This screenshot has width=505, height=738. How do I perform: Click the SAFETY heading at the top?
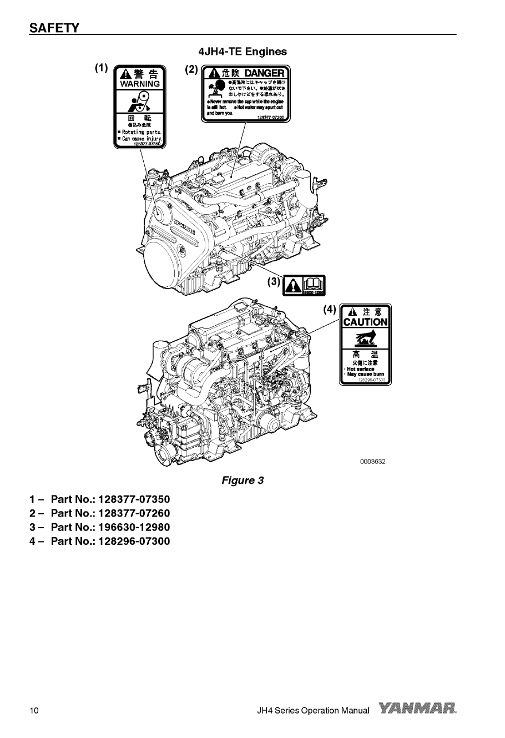54,28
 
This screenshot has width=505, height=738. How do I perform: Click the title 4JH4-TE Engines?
243,52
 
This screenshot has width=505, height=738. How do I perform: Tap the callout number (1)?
100,68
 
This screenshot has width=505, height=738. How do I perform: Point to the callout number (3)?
274,281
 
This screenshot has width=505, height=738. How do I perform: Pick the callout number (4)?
330,309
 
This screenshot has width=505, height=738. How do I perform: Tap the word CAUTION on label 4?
365,322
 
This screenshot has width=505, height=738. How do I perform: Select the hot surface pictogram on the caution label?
365,337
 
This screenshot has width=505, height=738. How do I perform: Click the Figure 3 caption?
243,480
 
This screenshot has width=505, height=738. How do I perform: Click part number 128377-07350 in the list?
134,499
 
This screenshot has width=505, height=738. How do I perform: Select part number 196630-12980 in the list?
134,527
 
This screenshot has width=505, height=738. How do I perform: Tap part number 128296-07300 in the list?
134,540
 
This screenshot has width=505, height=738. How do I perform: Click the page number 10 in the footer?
34,711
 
